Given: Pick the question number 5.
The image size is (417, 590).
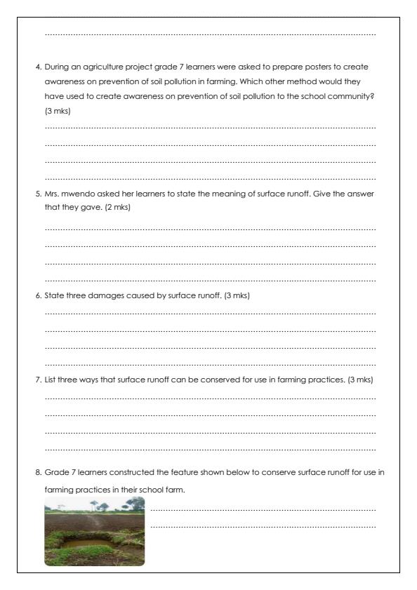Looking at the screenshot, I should click(39, 193).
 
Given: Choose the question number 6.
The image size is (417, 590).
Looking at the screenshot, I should click(39, 295).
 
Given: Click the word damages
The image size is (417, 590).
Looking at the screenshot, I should click(100, 295).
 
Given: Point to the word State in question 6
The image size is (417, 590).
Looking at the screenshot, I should click(53, 295).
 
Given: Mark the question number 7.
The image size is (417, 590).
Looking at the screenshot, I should click(39, 380).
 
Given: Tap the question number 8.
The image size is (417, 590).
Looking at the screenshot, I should click(39, 472).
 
